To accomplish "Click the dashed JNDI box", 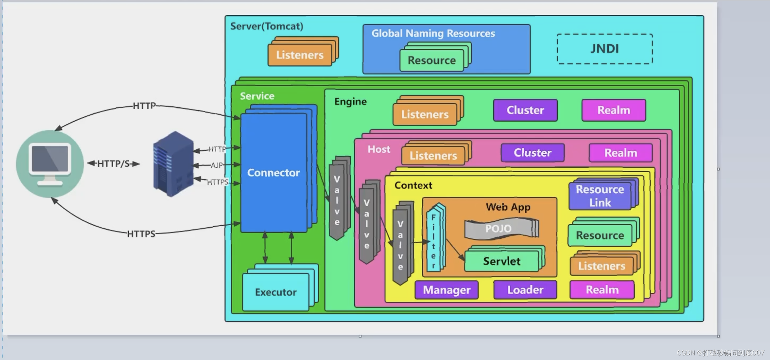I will [604, 49].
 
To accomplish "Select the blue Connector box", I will [274, 173].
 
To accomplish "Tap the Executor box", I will [276, 292].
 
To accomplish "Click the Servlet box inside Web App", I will [501, 261].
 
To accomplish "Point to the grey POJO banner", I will [499, 228].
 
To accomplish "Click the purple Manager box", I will [447, 290].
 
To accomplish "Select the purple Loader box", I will [525, 290].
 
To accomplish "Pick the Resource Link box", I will [600, 196].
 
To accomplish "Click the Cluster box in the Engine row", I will [525, 110].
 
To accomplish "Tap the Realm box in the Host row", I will [620, 153].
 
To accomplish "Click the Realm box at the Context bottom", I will [602, 290].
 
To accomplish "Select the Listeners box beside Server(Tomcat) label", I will [300, 55].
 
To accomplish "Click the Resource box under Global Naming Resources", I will [432, 60].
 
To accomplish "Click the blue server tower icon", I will [173, 164].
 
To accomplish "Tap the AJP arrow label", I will [217, 165].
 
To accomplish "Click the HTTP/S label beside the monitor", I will [113, 164].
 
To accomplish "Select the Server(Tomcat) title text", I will [266, 27].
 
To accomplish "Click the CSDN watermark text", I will [720, 353].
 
